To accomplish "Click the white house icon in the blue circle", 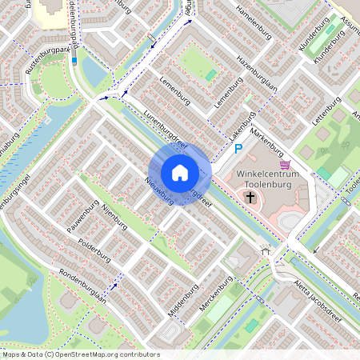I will (180, 173).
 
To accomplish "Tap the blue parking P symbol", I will (237, 148).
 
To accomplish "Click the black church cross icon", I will (250, 196).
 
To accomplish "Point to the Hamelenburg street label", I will (255, 22).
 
